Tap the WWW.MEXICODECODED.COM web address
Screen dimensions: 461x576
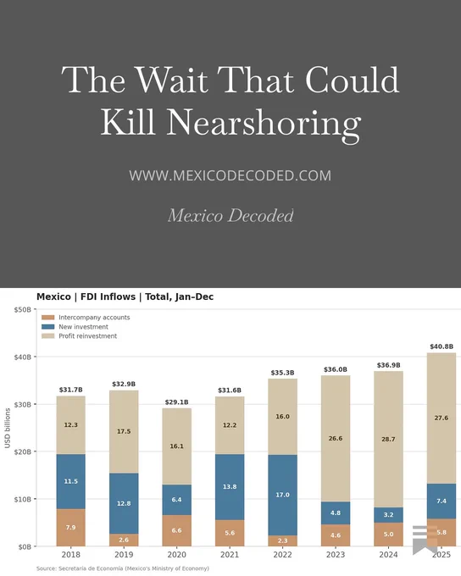230,175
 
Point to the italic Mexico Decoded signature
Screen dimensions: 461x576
230,215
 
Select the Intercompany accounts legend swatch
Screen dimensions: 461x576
47,318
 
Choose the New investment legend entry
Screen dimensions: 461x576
75,327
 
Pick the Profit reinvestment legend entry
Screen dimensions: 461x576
79,335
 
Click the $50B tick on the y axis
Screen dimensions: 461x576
23,310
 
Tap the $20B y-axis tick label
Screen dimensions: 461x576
23,451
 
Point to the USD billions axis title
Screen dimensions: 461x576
8,429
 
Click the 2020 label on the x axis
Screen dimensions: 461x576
177,554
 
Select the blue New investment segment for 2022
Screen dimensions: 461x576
282,496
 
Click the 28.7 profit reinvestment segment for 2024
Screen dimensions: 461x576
389,440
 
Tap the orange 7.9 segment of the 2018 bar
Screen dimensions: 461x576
71,528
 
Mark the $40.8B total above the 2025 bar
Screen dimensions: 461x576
442,346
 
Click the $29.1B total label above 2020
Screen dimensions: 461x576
177,402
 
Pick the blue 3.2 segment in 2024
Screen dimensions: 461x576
389,515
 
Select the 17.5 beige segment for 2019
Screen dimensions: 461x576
124,432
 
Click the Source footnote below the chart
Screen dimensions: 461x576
123,568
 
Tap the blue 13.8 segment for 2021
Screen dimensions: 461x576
230,487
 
